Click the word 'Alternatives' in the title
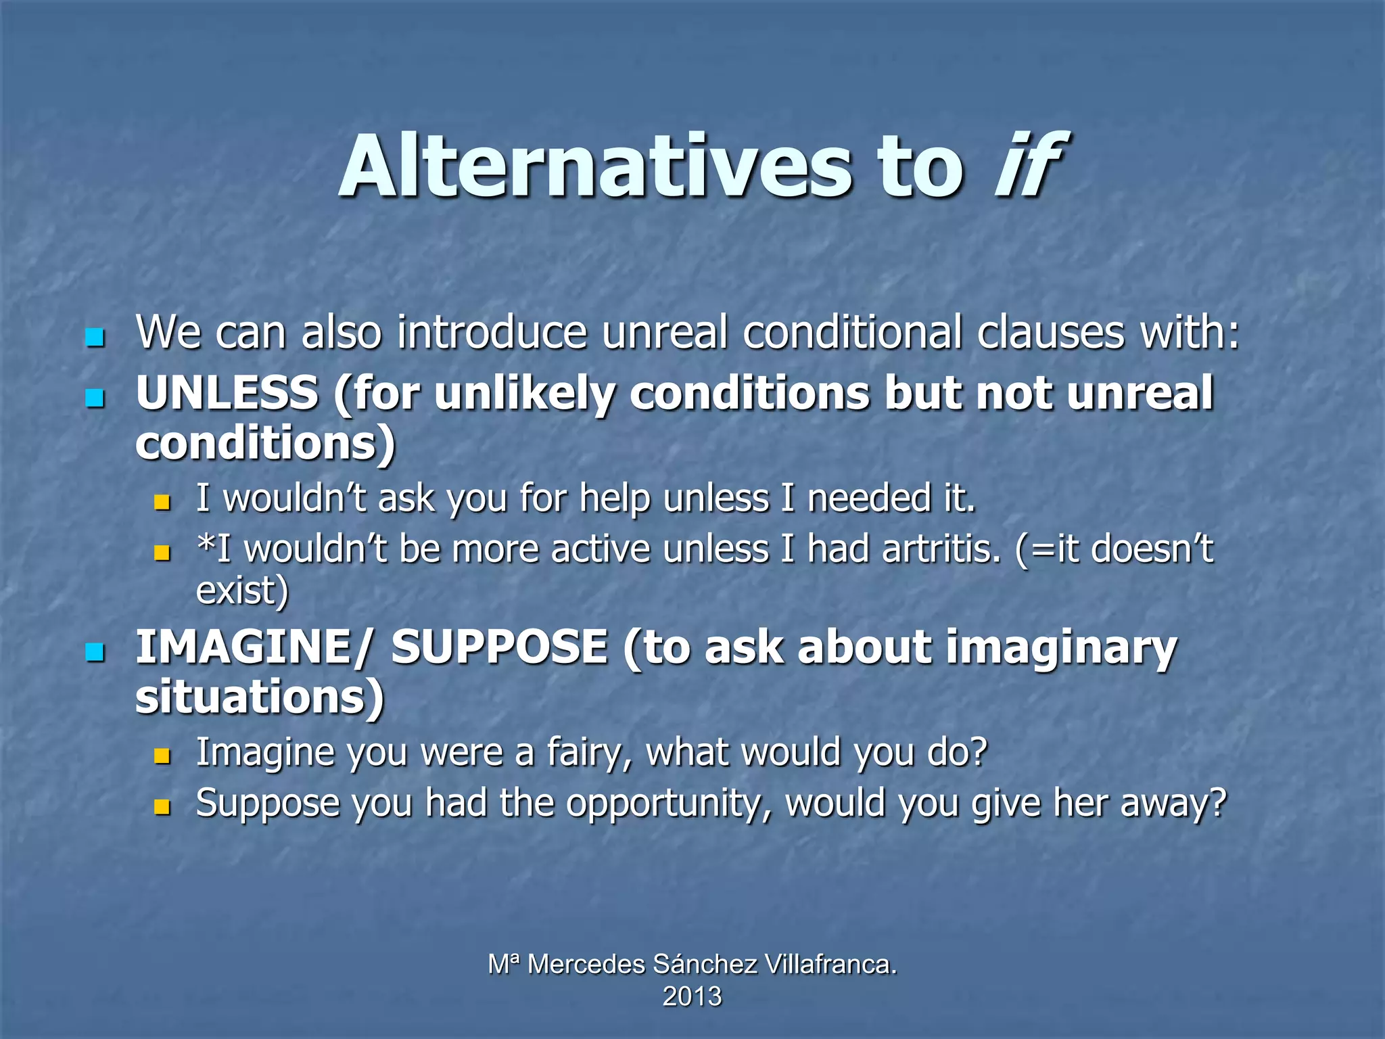pos(595,166)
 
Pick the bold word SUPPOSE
pos(499,647)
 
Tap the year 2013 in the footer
pos(692,996)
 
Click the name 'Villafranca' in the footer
pos(830,964)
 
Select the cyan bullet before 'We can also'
pos(95,336)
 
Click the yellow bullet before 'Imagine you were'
pos(162,756)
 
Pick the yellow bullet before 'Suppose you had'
pos(162,806)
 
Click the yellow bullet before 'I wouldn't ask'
pos(162,502)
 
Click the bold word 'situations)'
pos(260,697)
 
